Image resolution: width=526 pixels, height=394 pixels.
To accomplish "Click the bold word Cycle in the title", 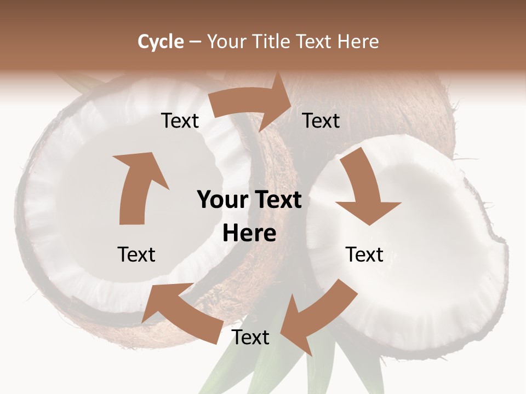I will point(161,42).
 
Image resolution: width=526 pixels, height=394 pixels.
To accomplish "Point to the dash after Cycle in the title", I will point(195,42).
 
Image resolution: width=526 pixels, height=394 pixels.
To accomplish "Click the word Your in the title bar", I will point(225,42).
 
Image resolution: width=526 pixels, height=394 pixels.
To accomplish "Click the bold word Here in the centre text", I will point(249,234).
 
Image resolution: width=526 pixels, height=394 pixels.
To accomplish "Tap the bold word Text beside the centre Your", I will point(278,200).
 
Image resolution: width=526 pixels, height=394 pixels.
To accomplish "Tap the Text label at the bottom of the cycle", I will point(250,338).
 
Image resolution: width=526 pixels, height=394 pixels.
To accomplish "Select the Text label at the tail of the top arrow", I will point(180,121).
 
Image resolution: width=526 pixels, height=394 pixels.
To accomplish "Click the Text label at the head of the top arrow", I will point(321,121).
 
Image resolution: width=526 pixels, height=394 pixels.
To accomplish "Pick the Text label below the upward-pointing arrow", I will point(136,254).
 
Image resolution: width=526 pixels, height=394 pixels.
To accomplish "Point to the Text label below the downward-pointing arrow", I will point(364,254).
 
